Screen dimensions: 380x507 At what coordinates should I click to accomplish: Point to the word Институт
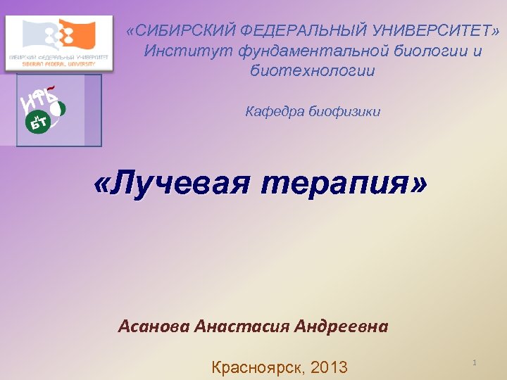tap(188, 51)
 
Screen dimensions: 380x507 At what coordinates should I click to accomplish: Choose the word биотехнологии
tap(313, 71)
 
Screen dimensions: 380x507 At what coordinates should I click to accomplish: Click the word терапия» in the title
tap(344, 184)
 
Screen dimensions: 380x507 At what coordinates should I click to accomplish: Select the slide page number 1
tap(475, 362)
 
